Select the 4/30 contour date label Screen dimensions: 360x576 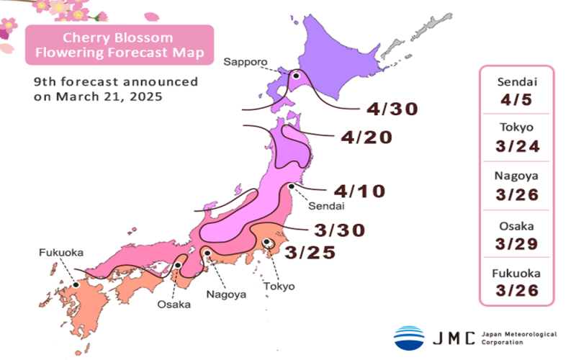(x=392, y=109)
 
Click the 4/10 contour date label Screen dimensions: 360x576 (x=360, y=191)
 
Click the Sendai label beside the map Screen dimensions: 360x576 (x=327, y=207)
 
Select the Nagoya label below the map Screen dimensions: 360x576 (x=226, y=294)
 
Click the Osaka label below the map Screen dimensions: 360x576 (x=174, y=305)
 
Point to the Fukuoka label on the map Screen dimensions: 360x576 (x=60, y=253)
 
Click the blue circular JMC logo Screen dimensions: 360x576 (x=409, y=338)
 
